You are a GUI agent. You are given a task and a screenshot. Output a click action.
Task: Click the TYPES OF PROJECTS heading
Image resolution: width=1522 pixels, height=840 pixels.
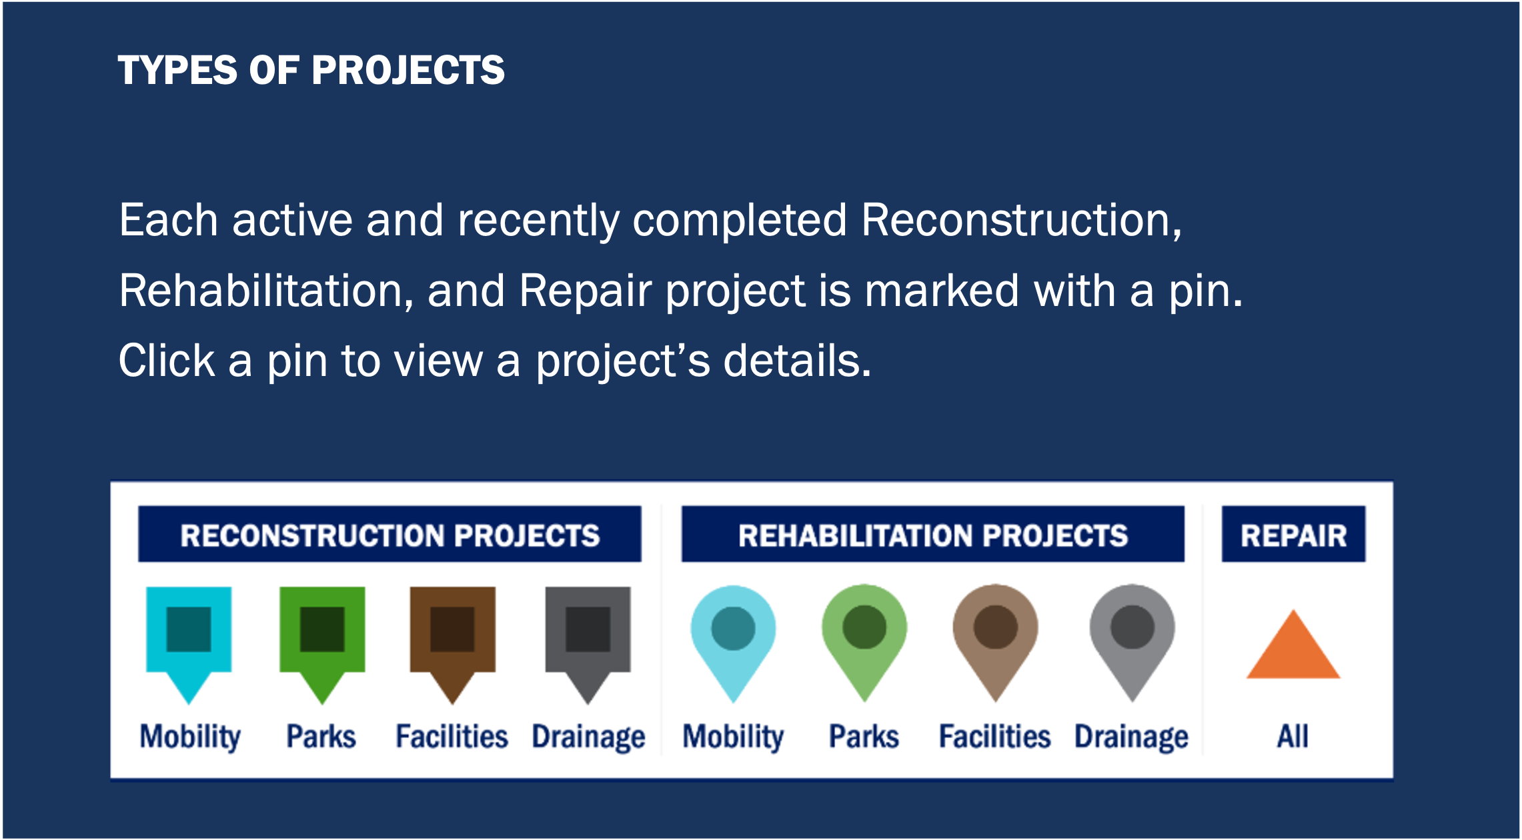tap(311, 70)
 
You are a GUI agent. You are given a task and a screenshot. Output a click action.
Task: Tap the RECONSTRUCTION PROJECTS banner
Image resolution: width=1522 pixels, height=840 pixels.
tap(390, 534)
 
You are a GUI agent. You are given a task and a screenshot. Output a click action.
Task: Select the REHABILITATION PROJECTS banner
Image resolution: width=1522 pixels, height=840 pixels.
tap(932, 534)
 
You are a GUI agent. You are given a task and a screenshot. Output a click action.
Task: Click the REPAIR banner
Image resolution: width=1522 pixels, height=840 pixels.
tap(1293, 534)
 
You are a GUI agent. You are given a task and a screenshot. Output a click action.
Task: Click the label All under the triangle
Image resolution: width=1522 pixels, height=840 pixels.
tap(1293, 737)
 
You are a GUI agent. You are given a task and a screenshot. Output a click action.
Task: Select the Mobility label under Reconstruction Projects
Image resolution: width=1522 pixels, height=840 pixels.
tap(190, 738)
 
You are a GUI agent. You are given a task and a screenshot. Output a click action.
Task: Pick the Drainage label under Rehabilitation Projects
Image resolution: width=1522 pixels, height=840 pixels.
tap(1131, 738)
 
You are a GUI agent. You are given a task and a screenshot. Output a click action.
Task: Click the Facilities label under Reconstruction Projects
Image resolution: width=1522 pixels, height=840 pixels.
tap(452, 737)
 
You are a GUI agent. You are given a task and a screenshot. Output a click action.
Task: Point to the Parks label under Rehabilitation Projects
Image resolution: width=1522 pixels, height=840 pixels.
tap(864, 737)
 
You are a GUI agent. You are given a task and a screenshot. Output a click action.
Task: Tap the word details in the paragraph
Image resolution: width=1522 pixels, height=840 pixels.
tap(797, 361)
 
